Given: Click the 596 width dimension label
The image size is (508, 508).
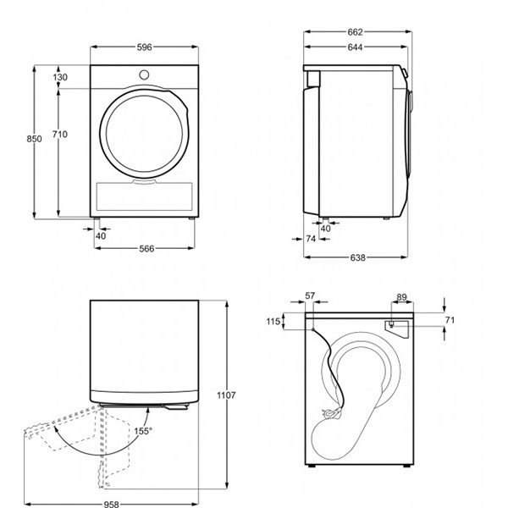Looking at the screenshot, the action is click(x=144, y=47).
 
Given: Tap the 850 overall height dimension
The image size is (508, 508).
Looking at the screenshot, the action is click(x=34, y=139).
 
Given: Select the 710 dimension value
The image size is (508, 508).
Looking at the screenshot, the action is click(x=60, y=134).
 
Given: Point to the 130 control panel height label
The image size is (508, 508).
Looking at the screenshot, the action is click(x=60, y=77).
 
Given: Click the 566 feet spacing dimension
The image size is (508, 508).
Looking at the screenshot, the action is click(x=146, y=248).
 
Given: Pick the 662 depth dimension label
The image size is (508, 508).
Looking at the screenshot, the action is click(x=355, y=32).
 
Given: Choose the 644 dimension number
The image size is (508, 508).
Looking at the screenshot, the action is click(x=355, y=47).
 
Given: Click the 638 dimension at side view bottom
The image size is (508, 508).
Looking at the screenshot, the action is click(x=357, y=257).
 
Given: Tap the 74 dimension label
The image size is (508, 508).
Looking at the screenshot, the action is click(x=311, y=239).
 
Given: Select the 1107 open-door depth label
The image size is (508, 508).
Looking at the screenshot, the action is click(x=226, y=395).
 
